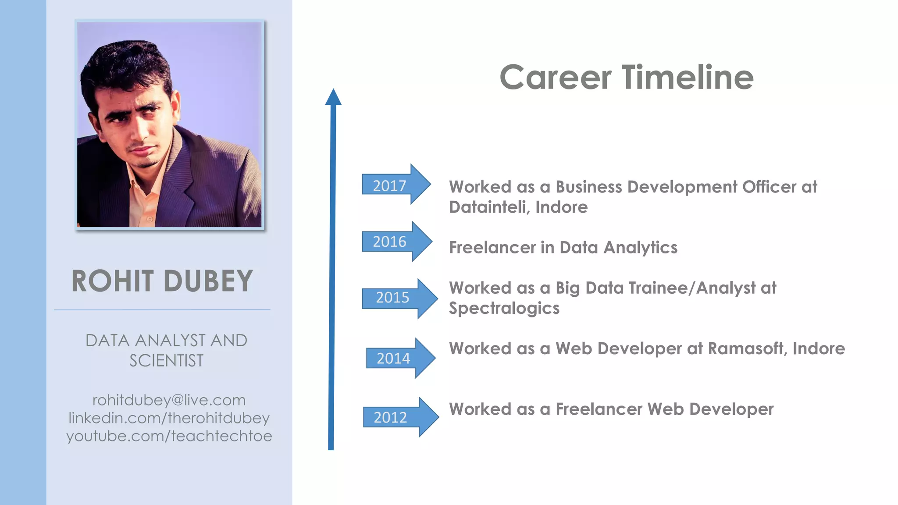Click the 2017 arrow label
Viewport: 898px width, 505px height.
coord(390,185)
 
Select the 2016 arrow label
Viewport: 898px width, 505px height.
coord(390,242)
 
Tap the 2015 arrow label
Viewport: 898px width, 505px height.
coord(392,298)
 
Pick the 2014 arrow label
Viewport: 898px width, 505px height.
coord(393,358)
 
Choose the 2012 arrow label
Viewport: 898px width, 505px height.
coord(390,417)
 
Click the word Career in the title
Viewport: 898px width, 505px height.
coord(555,77)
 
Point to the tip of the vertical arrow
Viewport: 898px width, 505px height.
coord(333,90)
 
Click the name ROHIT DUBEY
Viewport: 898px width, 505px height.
coord(162,281)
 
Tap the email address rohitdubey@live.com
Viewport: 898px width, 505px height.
coord(169,400)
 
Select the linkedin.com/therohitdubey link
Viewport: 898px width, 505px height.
coord(169,418)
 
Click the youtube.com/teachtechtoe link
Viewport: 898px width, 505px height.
coord(169,436)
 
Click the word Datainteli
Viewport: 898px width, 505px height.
coord(488,207)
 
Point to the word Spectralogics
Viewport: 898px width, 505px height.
coord(504,308)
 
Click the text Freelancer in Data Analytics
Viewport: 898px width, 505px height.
coord(563,248)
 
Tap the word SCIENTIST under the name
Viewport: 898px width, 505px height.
coord(166,360)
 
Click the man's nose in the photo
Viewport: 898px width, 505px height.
coord(143,132)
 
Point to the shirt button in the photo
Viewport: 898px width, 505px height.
coord(150,219)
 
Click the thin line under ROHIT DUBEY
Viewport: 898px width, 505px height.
coord(162,310)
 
